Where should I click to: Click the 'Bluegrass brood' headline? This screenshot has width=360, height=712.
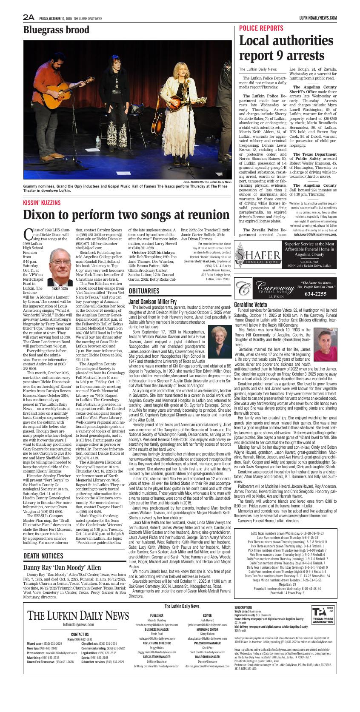56,30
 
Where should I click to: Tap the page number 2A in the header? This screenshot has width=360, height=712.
29,17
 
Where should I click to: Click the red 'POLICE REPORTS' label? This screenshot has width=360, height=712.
261,28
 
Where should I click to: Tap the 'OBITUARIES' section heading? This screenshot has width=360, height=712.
144,291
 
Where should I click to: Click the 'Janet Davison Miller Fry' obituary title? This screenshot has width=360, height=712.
152,301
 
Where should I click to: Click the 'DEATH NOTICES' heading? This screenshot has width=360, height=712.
43,556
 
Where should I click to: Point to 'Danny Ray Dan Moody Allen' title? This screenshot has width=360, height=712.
62,567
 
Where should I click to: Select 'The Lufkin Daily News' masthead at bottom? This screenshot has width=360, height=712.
78,615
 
